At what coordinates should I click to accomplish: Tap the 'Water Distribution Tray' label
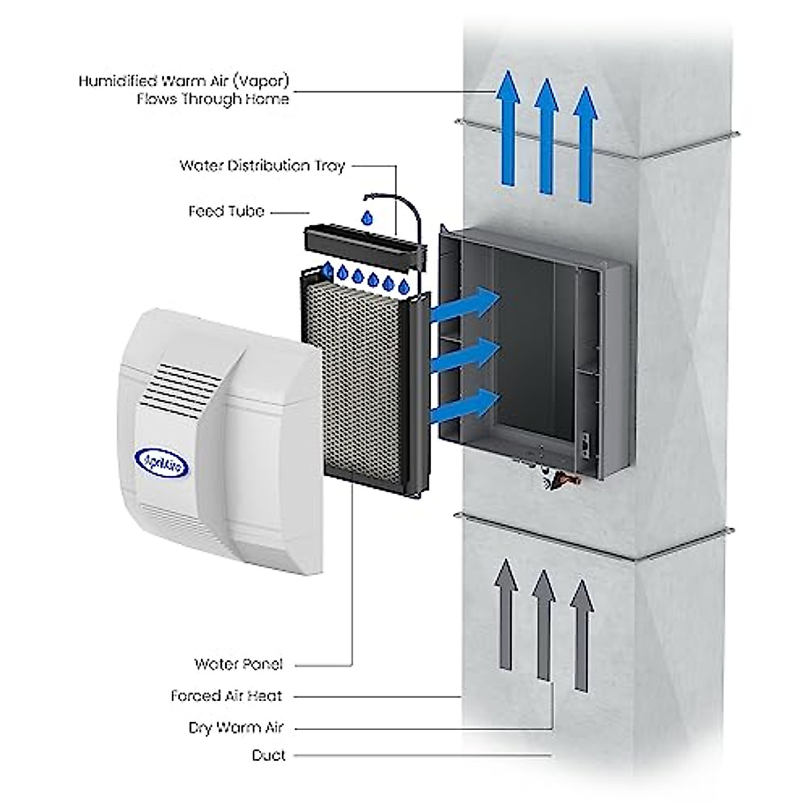[x=262, y=166]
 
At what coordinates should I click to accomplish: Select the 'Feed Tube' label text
[x=226, y=212]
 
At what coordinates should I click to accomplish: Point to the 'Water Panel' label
[x=239, y=664]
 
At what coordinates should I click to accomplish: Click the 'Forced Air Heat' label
[x=227, y=696]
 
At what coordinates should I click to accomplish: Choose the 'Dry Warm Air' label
[x=236, y=728]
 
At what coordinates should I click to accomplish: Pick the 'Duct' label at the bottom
[x=268, y=755]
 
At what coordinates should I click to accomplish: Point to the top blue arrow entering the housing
[x=465, y=305]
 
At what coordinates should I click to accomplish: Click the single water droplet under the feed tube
[x=367, y=218]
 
